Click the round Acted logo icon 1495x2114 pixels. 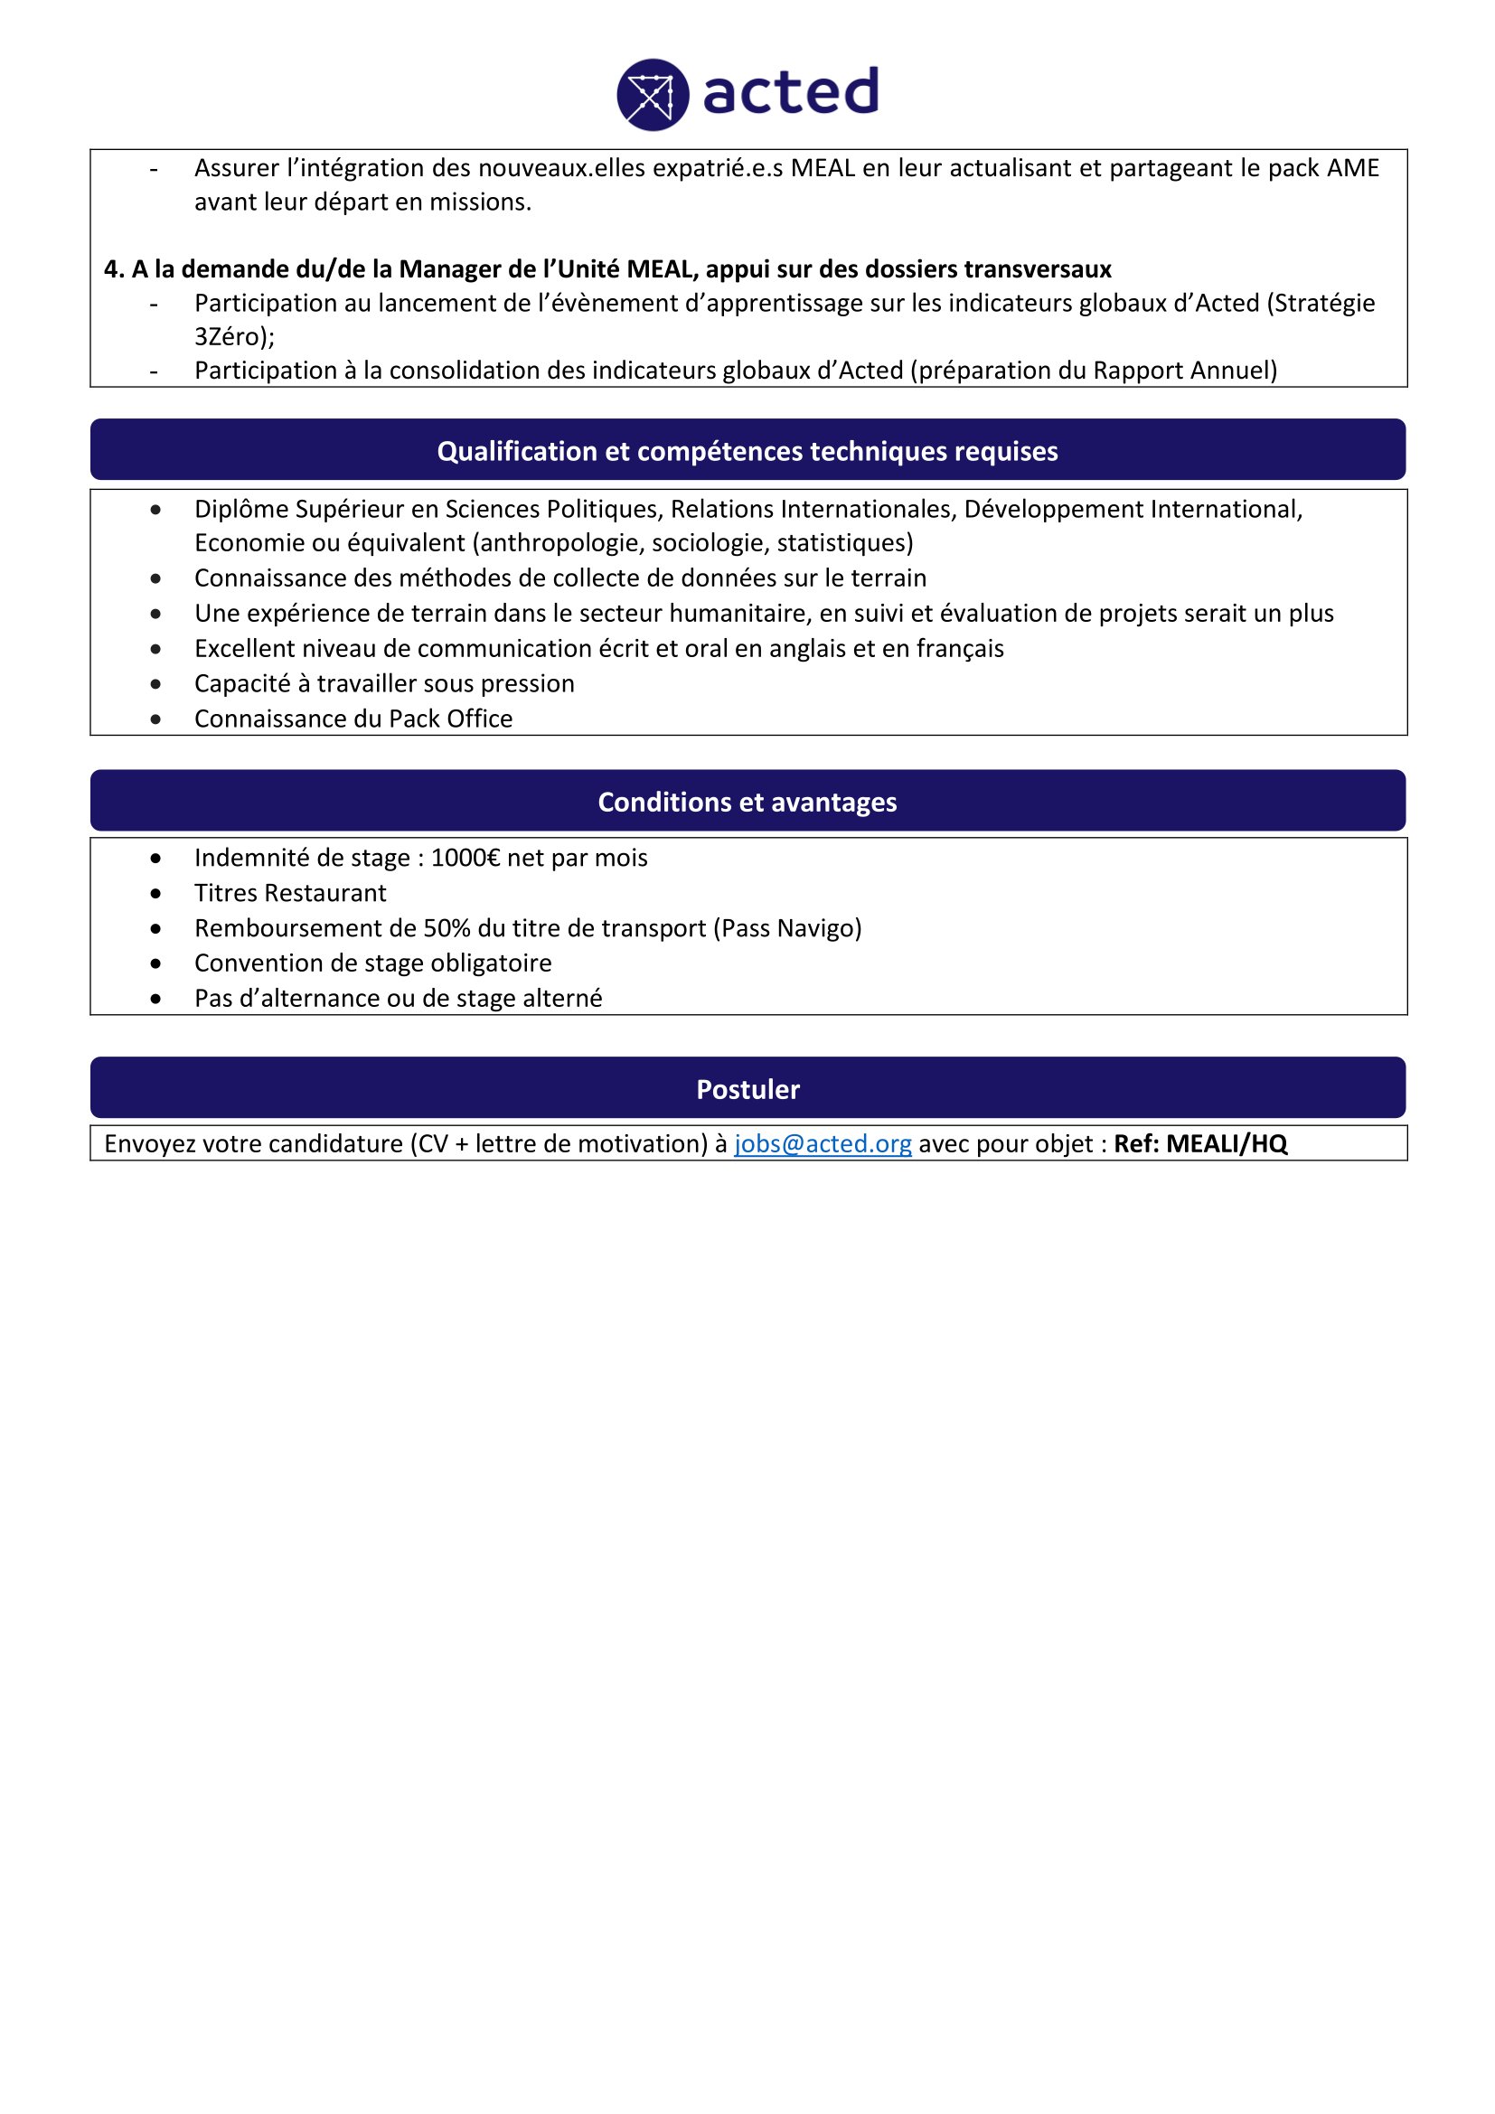click(653, 95)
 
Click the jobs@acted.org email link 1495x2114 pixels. click(822, 1143)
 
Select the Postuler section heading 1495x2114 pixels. click(747, 1089)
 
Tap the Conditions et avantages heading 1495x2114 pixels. click(747, 802)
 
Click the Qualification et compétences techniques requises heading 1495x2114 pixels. click(747, 451)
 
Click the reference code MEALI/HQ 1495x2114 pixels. click(1227, 1143)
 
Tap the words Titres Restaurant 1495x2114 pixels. click(290, 893)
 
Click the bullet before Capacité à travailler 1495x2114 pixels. click(155, 684)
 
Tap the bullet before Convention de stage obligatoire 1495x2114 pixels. click(155, 964)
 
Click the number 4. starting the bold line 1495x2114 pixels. click(114, 269)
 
